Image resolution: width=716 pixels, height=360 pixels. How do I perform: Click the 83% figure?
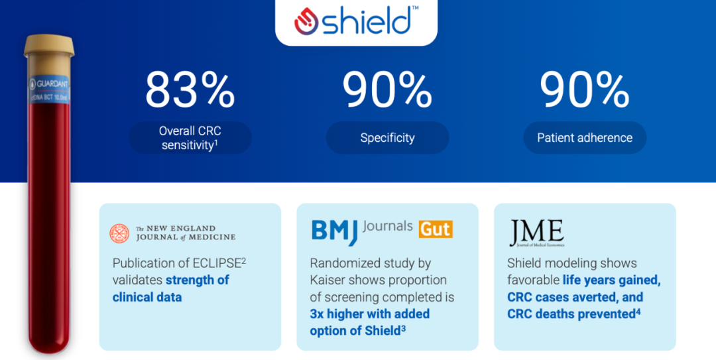pos(190,90)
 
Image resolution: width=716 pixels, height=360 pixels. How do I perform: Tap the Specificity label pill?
pos(387,138)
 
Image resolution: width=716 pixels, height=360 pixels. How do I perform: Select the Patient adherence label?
pos(584,138)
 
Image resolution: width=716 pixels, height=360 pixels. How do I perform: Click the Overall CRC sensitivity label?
pos(190,138)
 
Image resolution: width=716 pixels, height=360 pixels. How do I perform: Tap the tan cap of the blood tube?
pos(48,46)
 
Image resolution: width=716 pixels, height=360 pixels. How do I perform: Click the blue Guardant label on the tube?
pos(48,90)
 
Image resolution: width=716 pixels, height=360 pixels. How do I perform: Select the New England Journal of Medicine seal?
pos(120,233)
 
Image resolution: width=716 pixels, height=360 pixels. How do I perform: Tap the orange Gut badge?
pos(435,229)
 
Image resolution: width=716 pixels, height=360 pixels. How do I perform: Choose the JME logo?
pos(536,233)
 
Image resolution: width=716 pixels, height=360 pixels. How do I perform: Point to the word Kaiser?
pos(329,280)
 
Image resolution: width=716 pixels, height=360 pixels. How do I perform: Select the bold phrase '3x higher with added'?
pos(369,314)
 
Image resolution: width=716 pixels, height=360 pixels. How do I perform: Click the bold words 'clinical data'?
pos(147,297)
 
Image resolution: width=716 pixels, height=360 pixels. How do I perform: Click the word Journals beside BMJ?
pos(388,227)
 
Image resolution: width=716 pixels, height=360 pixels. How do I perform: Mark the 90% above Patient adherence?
pos(584,90)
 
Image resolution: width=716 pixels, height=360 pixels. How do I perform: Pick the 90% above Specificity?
pos(387,90)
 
